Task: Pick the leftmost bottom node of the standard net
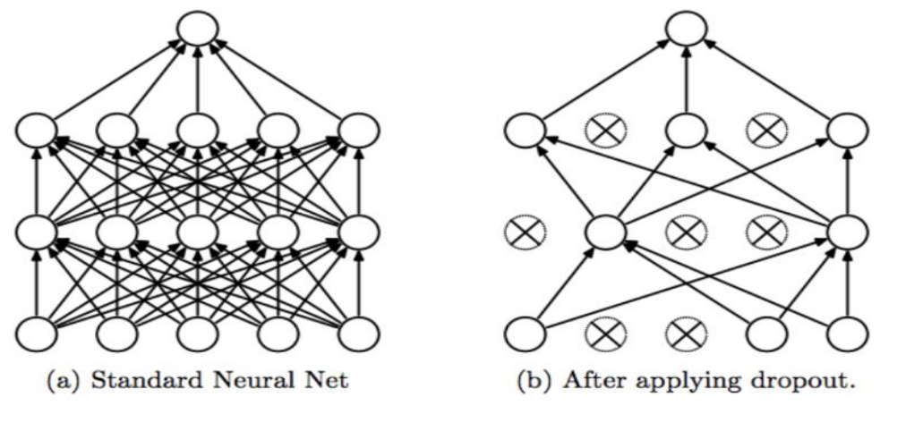36,334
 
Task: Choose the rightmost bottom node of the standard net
359,334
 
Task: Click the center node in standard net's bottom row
197,334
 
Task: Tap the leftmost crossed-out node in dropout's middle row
525,233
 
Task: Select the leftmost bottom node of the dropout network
525,334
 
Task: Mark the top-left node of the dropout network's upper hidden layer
525,131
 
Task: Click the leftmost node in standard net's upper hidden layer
36,131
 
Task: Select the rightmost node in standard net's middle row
359,233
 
